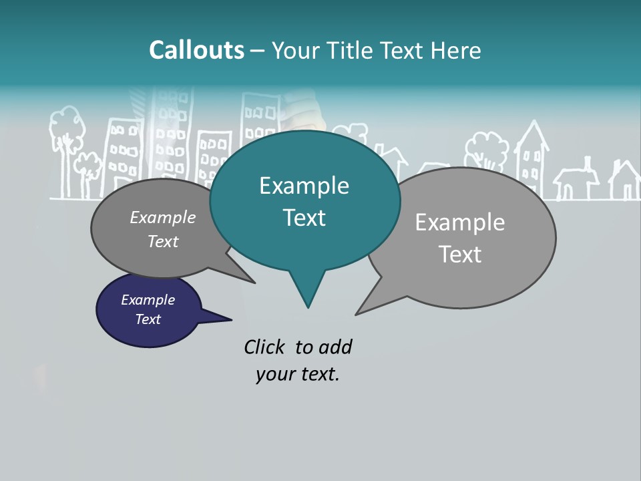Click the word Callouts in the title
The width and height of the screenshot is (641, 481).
[196, 50]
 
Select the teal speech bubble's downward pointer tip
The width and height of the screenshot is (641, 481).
[308, 306]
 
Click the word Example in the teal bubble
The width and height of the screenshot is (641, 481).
[304, 186]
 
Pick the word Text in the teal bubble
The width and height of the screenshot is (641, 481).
[304, 218]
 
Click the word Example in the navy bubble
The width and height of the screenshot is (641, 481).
[148, 300]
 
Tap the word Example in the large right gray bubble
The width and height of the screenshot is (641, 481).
[459, 222]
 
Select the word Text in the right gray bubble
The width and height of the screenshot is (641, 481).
[460, 255]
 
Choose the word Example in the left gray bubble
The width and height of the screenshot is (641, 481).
[162, 217]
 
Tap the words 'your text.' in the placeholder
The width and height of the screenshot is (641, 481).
[297, 374]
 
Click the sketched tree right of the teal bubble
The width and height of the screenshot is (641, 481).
[487, 150]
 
